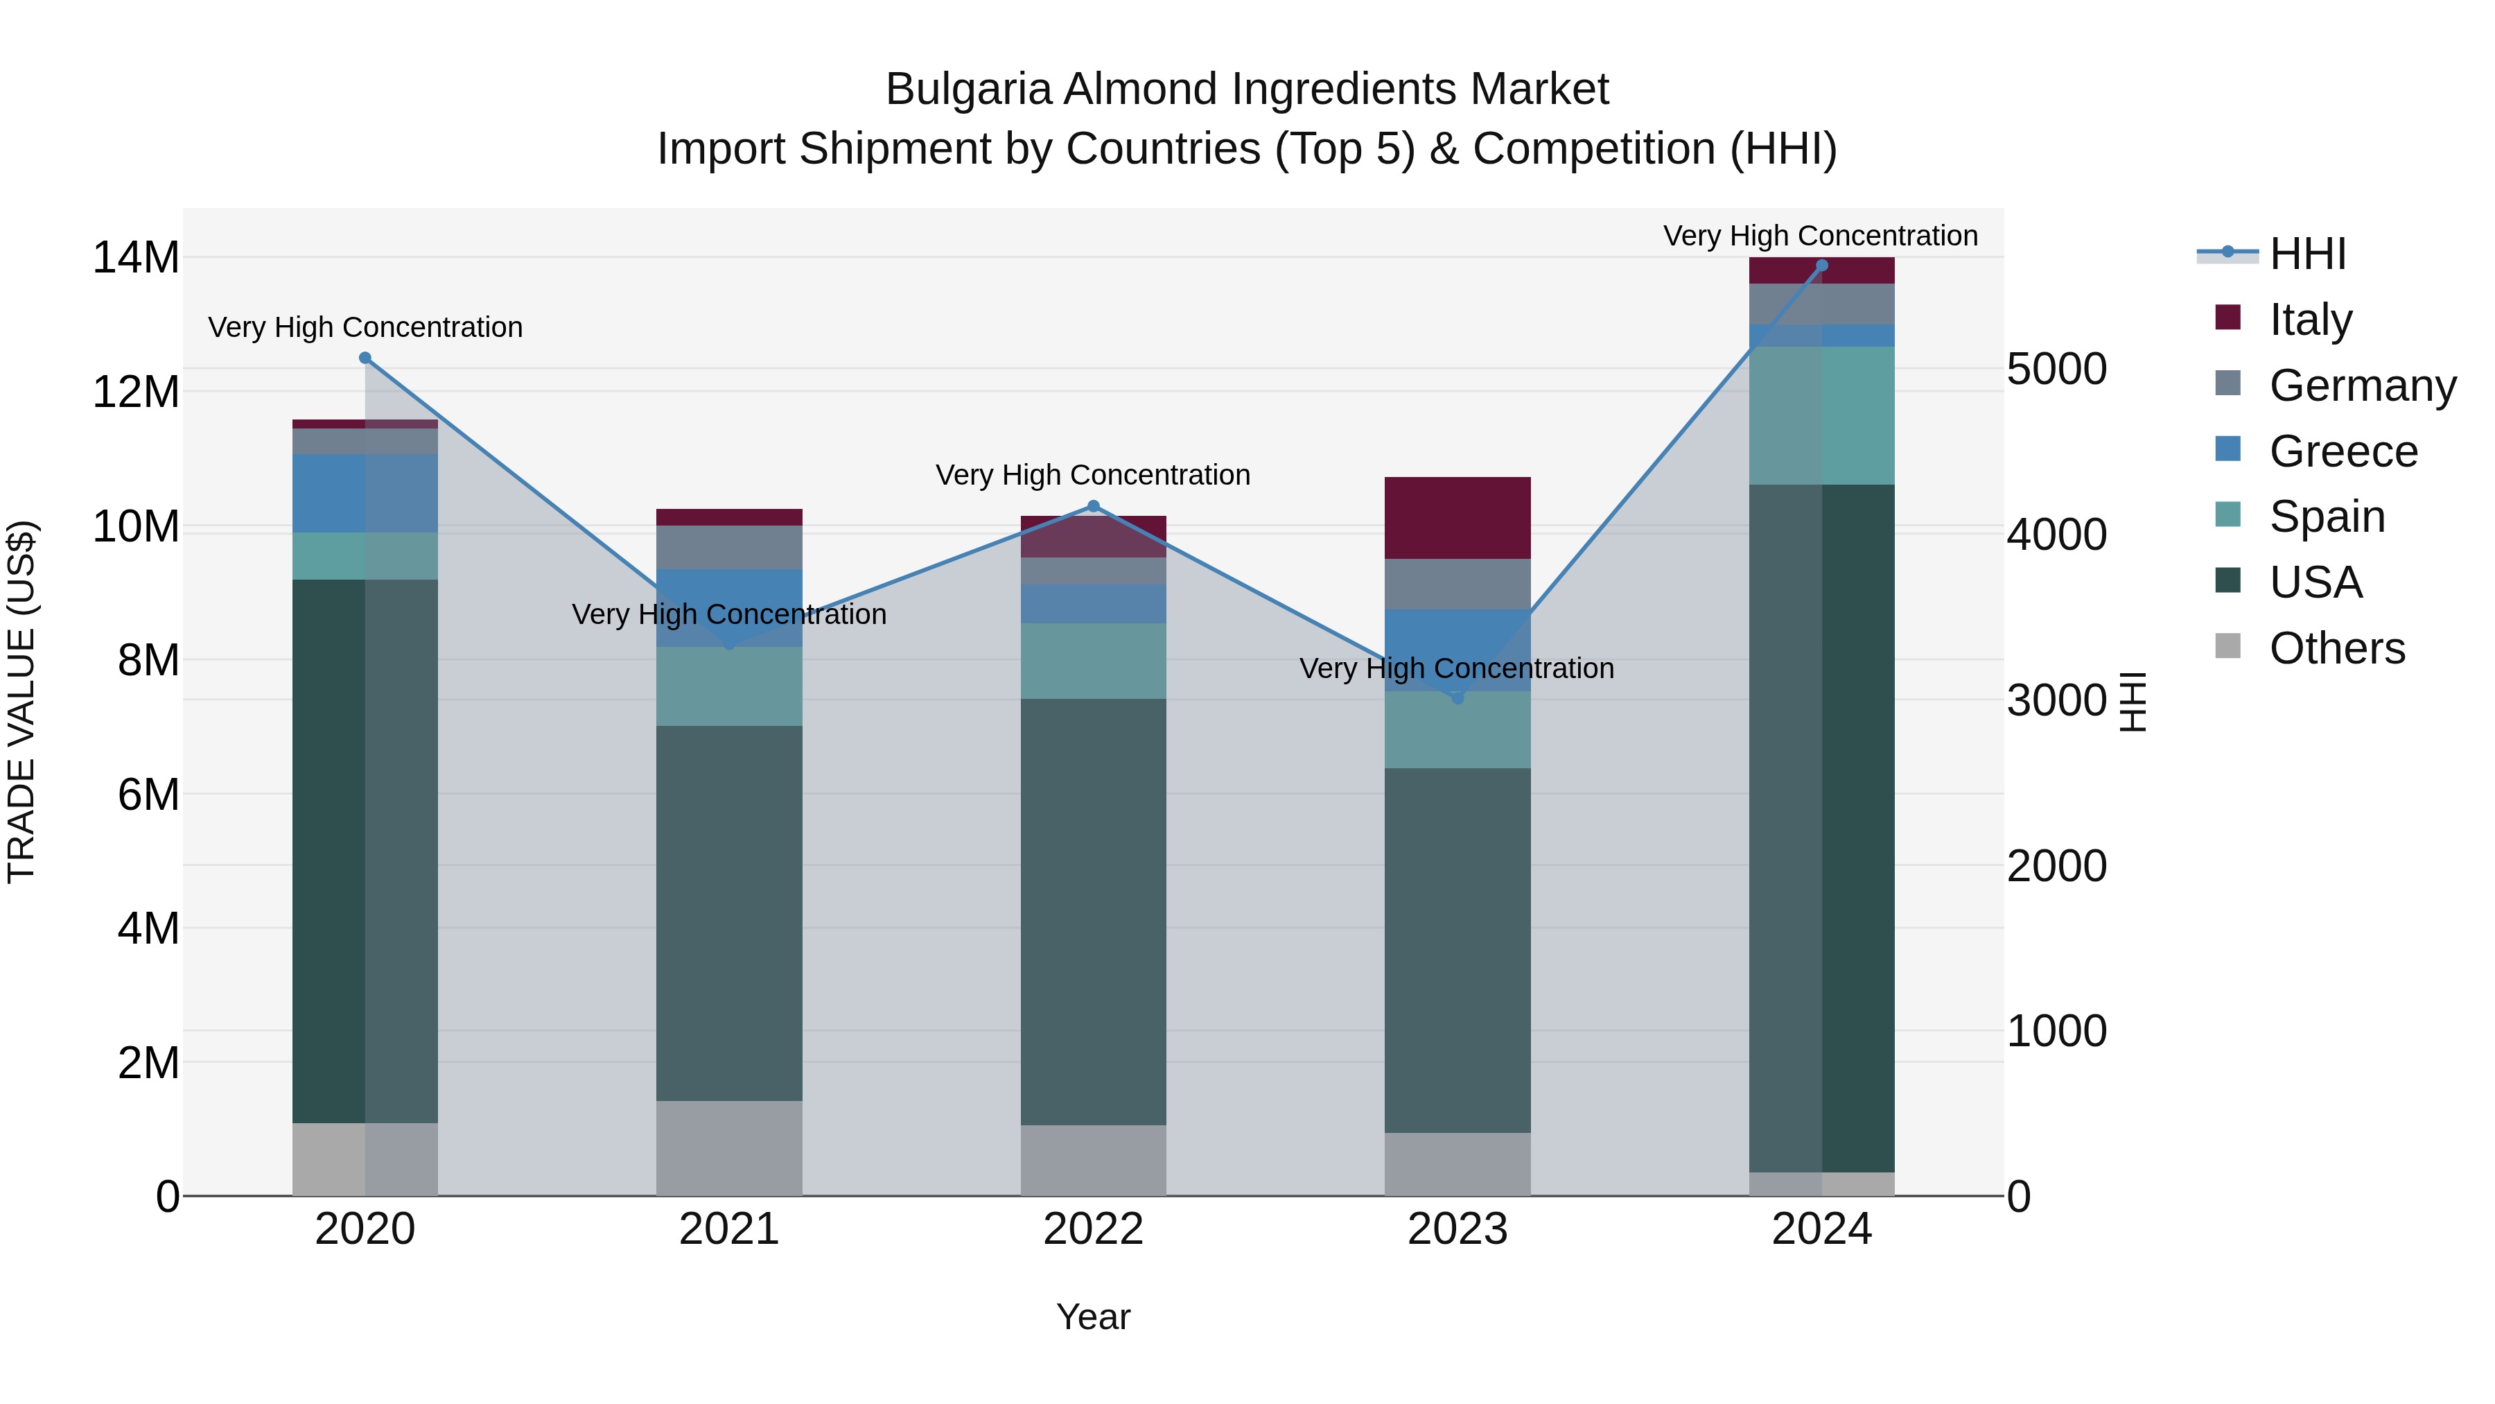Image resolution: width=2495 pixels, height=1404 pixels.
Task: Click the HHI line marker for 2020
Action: click(365, 358)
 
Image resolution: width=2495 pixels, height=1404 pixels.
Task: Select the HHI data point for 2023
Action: click(1457, 697)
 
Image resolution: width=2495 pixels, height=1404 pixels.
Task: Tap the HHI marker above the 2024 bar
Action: click(1822, 265)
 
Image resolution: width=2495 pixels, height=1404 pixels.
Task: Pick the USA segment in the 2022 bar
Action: click(1094, 911)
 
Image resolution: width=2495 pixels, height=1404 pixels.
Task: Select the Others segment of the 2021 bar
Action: click(729, 1148)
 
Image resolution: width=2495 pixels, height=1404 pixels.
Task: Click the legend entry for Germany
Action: click(2361, 385)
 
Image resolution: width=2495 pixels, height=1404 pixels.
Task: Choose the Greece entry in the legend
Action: click(2342, 451)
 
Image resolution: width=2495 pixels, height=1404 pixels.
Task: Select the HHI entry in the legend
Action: click(2307, 254)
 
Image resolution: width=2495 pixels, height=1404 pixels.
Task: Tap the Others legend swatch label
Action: click(2336, 648)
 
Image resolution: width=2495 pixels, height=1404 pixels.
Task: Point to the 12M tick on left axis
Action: click(136, 392)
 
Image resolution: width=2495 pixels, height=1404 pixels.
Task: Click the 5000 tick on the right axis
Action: click(2056, 369)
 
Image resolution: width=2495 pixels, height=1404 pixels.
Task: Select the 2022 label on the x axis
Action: click(1094, 1229)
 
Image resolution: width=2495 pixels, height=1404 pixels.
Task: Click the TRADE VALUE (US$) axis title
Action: click(21, 702)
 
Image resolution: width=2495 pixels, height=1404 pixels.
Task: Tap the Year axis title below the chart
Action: click(1094, 1317)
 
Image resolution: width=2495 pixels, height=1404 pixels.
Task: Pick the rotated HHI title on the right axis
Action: click(2133, 702)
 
